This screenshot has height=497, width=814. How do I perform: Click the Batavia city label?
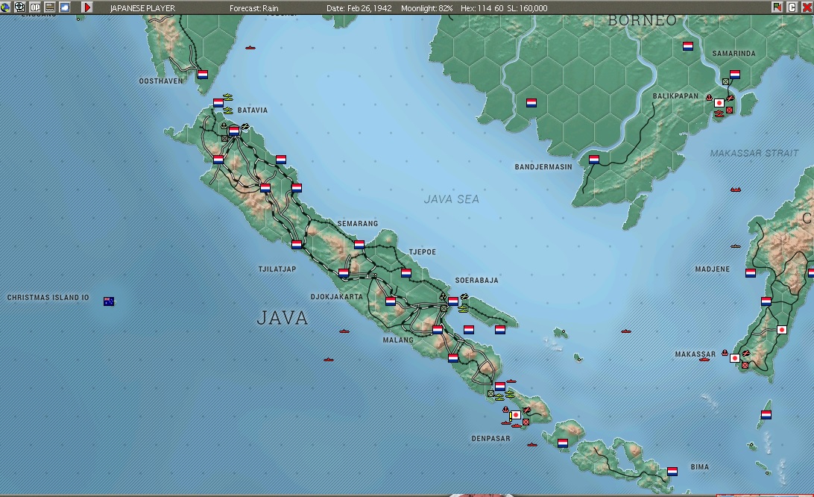tap(252, 110)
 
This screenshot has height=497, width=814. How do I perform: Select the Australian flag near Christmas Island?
tap(109, 301)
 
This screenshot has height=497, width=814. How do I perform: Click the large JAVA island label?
tap(282, 318)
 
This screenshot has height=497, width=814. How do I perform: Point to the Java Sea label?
tap(451, 199)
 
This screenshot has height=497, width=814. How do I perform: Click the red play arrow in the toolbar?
tap(86, 7)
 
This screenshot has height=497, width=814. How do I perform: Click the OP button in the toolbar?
tap(35, 7)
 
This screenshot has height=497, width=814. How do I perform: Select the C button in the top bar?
tap(792, 7)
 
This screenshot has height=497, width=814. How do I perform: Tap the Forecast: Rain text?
tap(253, 8)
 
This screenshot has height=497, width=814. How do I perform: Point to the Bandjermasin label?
tap(543, 167)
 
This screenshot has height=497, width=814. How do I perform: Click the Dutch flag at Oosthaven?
tap(203, 75)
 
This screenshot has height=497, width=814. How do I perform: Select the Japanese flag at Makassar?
tap(735, 358)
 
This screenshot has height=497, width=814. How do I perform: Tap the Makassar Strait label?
tap(754, 153)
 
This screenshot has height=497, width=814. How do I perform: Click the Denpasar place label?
tap(490, 439)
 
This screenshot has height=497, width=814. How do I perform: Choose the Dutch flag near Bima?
tap(672, 472)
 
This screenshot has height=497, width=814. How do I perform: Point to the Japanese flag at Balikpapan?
tap(719, 103)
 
